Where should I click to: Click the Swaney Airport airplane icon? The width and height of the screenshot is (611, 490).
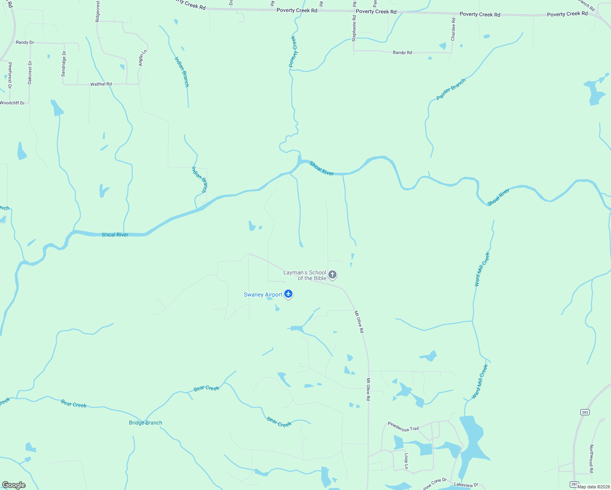[x=289, y=294]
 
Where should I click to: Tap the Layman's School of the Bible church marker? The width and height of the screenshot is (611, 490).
[x=332, y=274]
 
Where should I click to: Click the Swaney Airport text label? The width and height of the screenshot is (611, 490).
[x=263, y=295]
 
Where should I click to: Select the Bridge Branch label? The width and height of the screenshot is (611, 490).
[x=145, y=423]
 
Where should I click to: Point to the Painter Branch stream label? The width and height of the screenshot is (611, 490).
[x=451, y=89]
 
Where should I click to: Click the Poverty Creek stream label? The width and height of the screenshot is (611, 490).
[x=293, y=51]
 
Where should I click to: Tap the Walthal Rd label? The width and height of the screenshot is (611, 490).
[x=101, y=84]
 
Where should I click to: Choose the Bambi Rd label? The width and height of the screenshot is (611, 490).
[x=402, y=53]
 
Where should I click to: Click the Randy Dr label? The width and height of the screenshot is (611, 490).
[x=25, y=42]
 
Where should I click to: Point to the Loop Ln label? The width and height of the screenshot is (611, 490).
[x=406, y=461]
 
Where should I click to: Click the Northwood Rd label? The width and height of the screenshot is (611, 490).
[x=591, y=459]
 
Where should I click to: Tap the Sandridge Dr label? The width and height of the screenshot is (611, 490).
[x=63, y=64]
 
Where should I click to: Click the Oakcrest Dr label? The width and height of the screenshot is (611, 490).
[x=30, y=73]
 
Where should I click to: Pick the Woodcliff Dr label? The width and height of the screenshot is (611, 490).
[x=12, y=103]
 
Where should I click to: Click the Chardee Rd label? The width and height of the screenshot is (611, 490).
[x=453, y=29]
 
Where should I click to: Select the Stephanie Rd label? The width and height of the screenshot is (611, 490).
[x=354, y=28]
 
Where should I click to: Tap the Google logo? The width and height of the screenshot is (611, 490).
[x=13, y=485]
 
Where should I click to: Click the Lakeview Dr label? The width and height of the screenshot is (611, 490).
[x=466, y=485]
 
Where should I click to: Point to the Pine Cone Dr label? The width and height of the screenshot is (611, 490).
[x=435, y=483]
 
